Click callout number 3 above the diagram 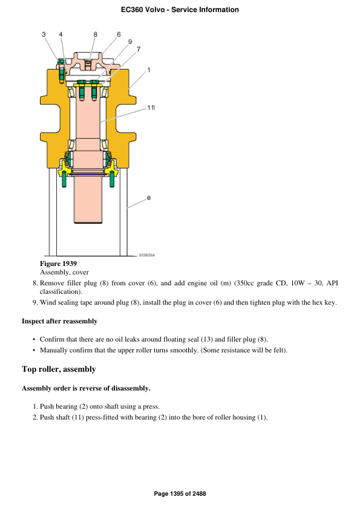[44, 34]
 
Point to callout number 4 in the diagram [61, 34]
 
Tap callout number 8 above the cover [96, 34]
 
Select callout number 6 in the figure [118, 34]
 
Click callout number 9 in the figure [130, 42]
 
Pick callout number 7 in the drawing [139, 49]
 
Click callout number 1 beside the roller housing [149, 70]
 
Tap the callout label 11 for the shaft [151, 108]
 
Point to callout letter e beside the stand [149, 198]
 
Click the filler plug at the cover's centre [89, 62]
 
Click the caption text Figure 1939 [58, 264]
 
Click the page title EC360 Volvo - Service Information [180, 10]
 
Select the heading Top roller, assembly [59, 369]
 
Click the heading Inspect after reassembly [59, 321]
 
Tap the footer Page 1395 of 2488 [180, 494]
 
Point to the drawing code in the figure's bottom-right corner [146, 256]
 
